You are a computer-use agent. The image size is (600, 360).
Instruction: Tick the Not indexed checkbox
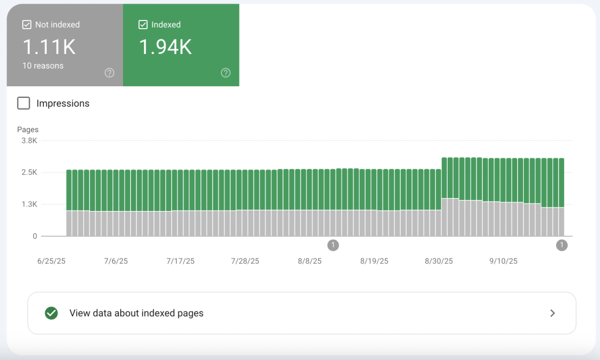pyautogui.click(x=27, y=25)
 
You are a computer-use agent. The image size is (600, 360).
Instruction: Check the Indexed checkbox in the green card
pyautogui.click(x=143, y=25)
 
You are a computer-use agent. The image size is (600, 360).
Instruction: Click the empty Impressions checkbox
pyautogui.click(x=23, y=103)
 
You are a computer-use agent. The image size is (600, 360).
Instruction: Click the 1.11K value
pyautogui.click(x=49, y=47)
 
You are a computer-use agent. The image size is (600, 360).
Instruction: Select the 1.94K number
pyautogui.click(x=165, y=47)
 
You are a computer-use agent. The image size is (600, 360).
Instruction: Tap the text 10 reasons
pyautogui.click(x=43, y=66)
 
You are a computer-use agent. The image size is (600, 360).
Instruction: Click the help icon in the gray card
pyautogui.click(x=110, y=73)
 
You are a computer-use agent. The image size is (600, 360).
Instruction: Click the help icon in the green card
pyautogui.click(x=226, y=73)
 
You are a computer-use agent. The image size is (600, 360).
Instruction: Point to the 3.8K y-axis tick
pyautogui.click(x=29, y=141)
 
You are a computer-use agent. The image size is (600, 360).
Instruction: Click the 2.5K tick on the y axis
pyautogui.click(x=29, y=172)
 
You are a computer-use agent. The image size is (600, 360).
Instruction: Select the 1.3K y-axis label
pyautogui.click(x=29, y=204)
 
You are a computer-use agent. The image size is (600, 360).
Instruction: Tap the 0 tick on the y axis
pyautogui.click(x=35, y=236)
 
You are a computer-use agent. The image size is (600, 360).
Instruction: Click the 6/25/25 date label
pyautogui.click(x=52, y=261)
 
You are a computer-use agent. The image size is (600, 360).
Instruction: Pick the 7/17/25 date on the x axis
pyautogui.click(x=180, y=261)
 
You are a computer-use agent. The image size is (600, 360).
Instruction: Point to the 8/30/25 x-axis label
pyautogui.click(x=438, y=261)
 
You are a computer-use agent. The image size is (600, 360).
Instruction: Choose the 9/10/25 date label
pyautogui.click(x=503, y=261)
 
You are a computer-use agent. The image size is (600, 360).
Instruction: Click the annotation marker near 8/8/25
pyautogui.click(x=333, y=245)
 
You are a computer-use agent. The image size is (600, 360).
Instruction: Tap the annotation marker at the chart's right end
pyautogui.click(x=562, y=245)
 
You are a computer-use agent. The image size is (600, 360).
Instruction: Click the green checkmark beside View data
pyautogui.click(x=52, y=313)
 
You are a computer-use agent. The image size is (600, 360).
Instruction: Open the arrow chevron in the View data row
pyautogui.click(x=553, y=313)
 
